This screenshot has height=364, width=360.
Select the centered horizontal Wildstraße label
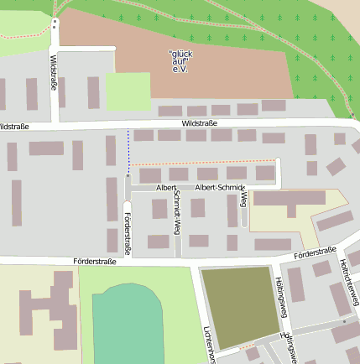[200, 123]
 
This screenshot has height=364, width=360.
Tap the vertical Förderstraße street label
[128, 232]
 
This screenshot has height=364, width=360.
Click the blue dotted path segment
[128, 150]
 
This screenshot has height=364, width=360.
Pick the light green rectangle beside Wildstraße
[128, 91]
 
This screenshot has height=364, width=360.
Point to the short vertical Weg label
[243, 198]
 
